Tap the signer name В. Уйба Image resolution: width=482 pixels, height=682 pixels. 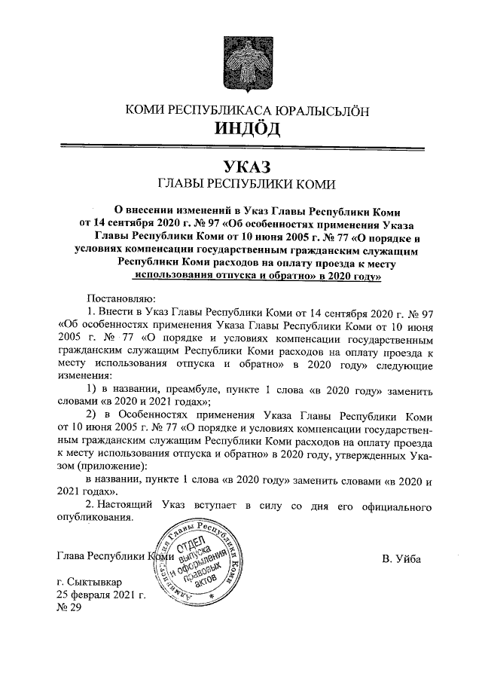[401, 558]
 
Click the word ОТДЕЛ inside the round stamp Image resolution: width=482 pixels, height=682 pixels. [194, 546]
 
